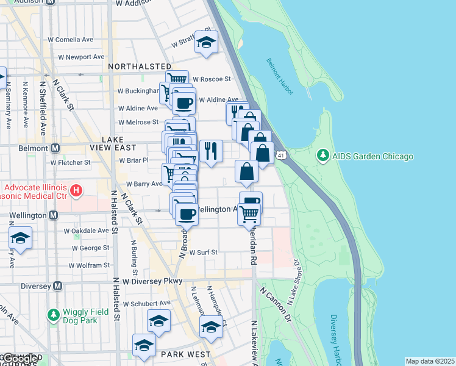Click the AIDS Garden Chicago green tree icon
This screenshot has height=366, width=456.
(x=322, y=156)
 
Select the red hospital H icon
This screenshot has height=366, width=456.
(x=76, y=191)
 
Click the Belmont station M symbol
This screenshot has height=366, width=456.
(x=55, y=148)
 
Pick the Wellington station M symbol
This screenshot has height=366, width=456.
(x=54, y=215)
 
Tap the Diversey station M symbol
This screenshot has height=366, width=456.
(x=57, y=285)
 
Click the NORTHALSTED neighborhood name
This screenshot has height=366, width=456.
(x=140, y=66)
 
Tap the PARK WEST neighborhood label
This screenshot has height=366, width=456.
(x=185, y=354)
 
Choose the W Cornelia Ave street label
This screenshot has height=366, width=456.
(x=71, y=40)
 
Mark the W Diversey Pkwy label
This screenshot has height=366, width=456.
(x=152, y=282)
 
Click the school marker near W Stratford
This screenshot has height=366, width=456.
(x=207, y=44)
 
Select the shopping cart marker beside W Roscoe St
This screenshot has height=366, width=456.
(x=176, y=80)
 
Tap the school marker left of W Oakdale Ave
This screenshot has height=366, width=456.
(x=20, y=238)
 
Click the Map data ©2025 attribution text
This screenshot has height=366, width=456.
(x=430, y=361)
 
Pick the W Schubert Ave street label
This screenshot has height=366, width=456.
(x=147, y=303)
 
